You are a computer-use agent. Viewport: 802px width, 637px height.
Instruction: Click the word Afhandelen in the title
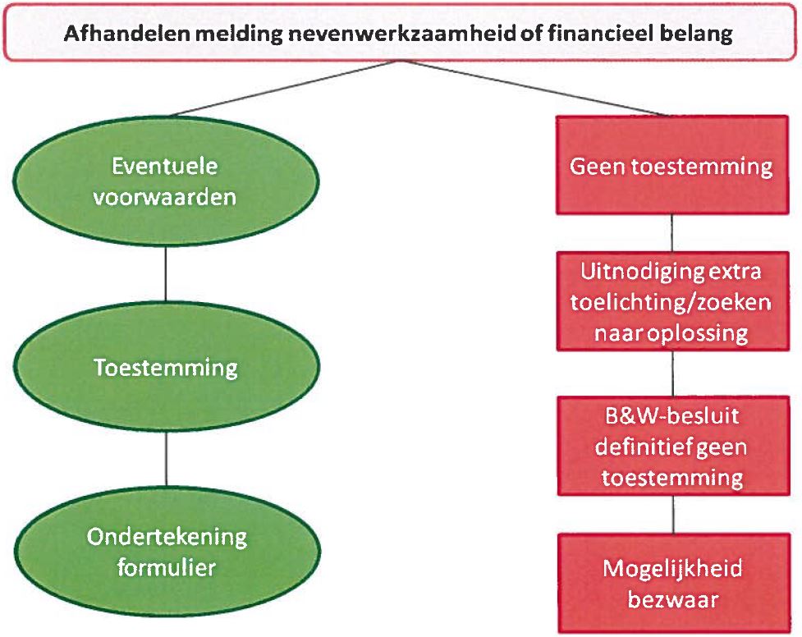point(127,34)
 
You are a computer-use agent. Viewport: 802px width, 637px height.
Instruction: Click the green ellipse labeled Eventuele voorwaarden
point(166,181)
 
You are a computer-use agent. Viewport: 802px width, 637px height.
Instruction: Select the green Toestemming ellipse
point(167,368)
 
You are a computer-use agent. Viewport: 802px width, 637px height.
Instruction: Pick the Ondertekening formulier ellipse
point(167,552)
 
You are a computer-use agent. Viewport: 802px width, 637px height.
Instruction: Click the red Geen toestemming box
point(672,165)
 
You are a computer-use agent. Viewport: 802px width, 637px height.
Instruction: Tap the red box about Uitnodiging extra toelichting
point(672,301)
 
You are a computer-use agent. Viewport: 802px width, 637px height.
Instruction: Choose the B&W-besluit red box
point(673,447)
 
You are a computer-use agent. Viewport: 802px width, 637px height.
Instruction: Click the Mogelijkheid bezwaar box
point(674,584)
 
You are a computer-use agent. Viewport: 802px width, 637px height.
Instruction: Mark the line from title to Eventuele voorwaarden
point(284,89)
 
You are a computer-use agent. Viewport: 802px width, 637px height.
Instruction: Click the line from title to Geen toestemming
point(535,89)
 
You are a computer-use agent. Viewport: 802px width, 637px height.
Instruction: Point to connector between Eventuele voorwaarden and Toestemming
point(166,274)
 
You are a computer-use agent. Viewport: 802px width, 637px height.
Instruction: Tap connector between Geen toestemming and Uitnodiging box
point(671,233)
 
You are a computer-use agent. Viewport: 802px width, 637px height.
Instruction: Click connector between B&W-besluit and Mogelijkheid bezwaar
point(673,515)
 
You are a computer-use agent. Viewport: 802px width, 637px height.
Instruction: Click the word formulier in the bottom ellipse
point(167,567)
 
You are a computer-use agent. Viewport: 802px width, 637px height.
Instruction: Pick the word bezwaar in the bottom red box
point(673,599)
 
